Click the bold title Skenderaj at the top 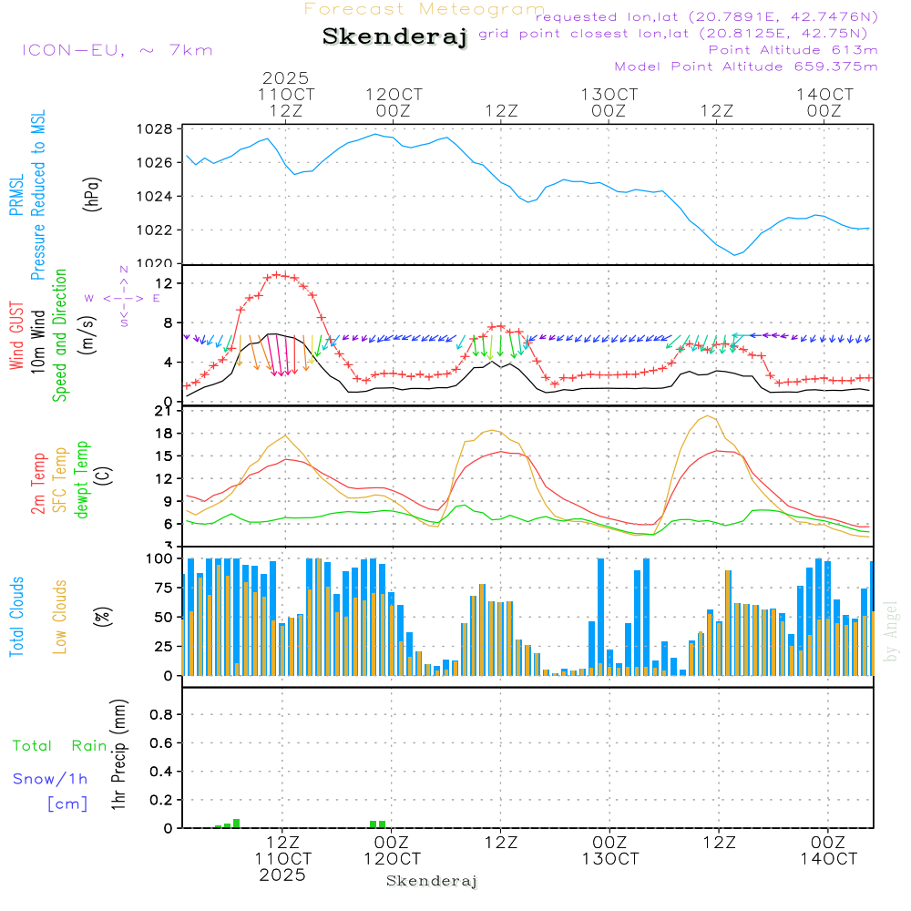click(x=394, y=36)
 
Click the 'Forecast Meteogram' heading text click(x=425, y=9)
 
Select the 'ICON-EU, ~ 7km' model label click(x=117, y=50)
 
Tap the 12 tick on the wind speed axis click(x=165, y=284)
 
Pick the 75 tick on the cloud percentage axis click(x=161, y=588)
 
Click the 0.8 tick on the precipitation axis click(x=161, y=715)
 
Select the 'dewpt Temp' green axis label click(x=83, y=479)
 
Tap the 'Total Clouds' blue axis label click(x=17, y=617)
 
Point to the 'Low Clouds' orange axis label click(x=60, y=617)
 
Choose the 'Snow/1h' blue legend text click(x=51, y=779)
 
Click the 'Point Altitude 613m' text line click(x=793, y=49)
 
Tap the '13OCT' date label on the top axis click(x=609, y=94)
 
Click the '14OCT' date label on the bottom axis click(x=827, y=858)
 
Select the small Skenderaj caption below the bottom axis click(x=432, y=881)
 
